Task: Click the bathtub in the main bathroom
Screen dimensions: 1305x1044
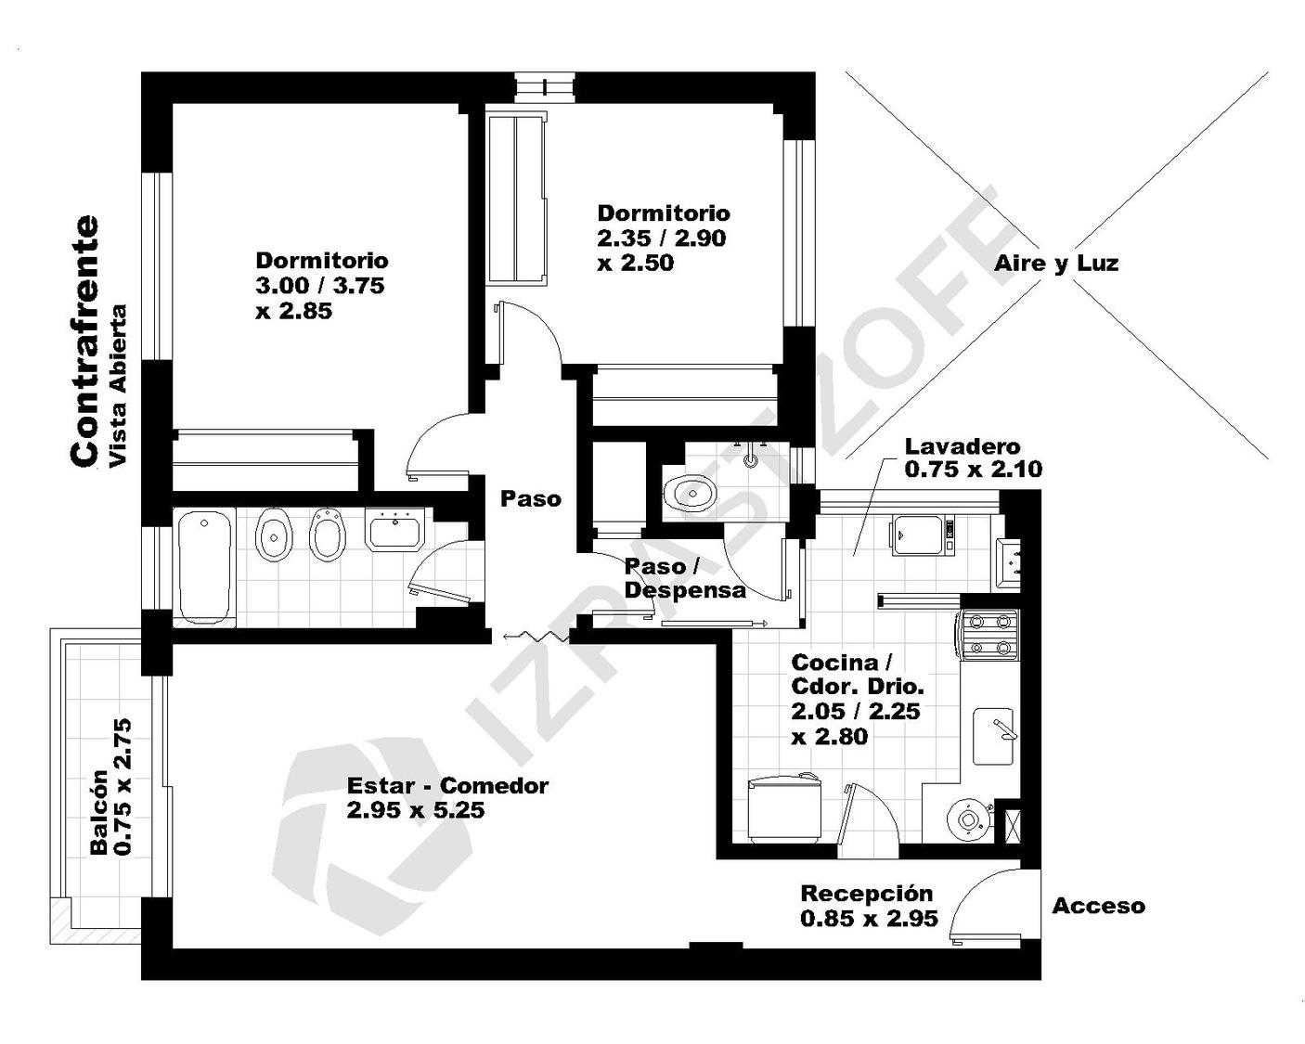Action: pos(206,567)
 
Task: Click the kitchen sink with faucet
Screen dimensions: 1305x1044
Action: pos(993,736)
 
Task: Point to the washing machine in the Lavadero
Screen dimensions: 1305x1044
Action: pos(921,535)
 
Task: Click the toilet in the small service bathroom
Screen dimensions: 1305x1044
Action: pos(691,492)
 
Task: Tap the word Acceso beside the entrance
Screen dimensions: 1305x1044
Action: pos(1098,907)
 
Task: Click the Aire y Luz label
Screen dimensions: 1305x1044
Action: pos(1056,264)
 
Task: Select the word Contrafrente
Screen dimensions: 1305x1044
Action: pos(84,341)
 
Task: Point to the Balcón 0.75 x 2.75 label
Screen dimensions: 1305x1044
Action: pos(111,787)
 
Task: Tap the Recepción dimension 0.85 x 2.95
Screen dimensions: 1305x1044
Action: pos(869,919)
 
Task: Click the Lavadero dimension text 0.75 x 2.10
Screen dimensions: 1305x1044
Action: pos(974,469)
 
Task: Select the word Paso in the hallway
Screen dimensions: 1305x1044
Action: pos(531,499)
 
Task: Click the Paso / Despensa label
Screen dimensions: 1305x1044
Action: pos(685,578)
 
